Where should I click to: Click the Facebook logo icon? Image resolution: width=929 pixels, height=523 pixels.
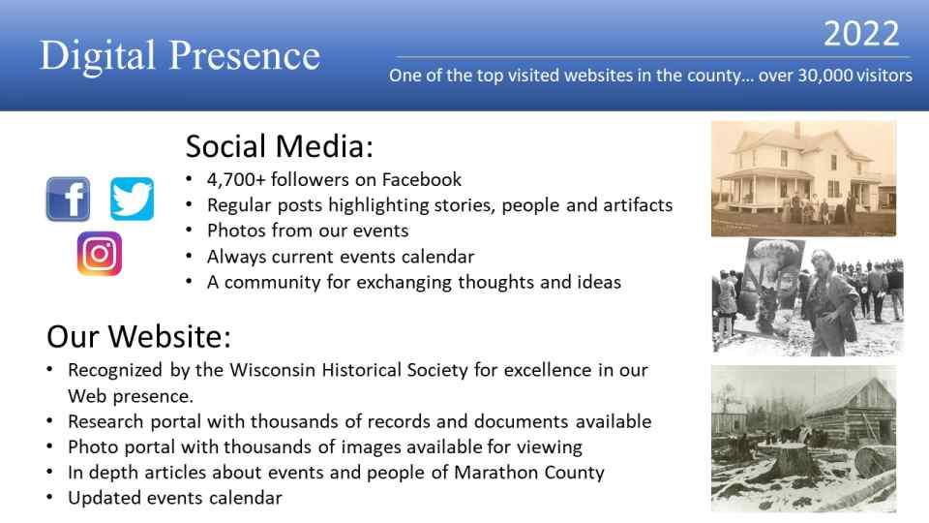pos(68,199)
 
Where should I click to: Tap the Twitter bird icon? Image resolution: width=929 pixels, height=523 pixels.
pos(133,199)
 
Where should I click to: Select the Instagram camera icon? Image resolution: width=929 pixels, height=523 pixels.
pos(100,254)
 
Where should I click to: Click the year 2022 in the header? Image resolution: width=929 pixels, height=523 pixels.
pos(861,34)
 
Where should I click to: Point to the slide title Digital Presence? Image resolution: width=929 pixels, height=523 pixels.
pos(180,56)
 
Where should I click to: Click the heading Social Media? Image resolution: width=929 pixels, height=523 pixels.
pos(280,146)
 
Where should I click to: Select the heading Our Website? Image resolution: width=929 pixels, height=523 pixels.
pos(138,336)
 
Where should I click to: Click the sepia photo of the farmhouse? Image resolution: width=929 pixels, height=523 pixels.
pos(803,178)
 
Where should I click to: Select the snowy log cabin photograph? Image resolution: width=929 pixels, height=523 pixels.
pos(803,439)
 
